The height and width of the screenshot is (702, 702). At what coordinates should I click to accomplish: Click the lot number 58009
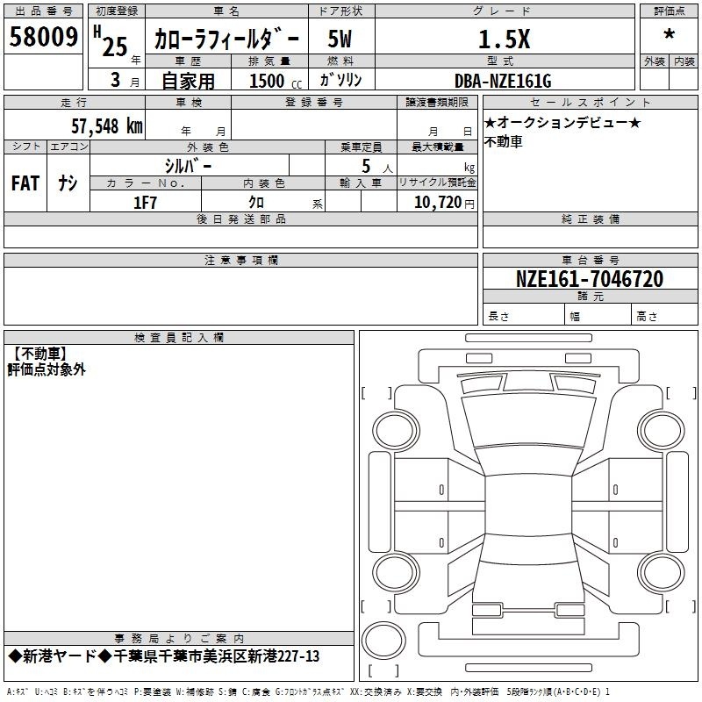pos(43,36)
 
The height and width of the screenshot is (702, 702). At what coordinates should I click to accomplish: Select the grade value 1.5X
pos(504,39)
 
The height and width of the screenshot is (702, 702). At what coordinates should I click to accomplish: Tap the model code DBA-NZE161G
pos(503,81)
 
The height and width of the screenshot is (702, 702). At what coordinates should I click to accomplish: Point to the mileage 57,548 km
pos(107,126)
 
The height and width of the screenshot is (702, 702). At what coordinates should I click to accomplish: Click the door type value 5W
pos(340,39)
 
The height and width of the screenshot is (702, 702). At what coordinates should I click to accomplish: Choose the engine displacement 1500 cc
pos(276,81)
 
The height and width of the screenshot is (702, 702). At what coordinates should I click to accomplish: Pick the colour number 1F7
pos(145,203)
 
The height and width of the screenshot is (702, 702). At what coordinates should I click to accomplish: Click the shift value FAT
pos(25,183)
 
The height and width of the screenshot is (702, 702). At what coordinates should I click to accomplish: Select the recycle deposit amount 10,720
pos(437,203)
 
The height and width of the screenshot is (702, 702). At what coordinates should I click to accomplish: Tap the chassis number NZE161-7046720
pos(590,279)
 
